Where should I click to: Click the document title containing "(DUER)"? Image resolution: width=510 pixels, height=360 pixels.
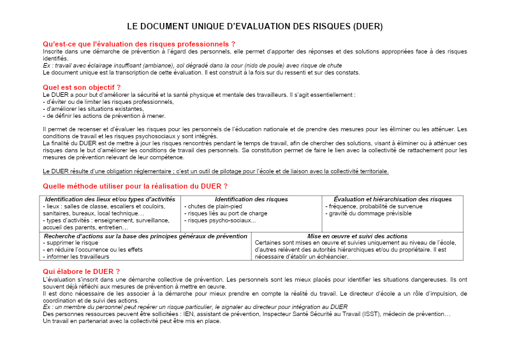[255, 27]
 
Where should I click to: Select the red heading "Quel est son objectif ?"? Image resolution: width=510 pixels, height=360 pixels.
[82, 87]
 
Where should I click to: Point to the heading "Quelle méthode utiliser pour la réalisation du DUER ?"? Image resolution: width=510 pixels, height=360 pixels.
[135, 186]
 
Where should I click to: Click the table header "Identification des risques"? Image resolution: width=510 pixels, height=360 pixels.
[251, 199]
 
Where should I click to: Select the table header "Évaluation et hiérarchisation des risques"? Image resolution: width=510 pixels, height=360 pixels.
[393, 199]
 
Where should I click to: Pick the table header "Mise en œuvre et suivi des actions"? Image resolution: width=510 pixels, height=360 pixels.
[357, 236]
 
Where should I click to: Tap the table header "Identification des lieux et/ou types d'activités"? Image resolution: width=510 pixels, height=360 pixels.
[110, 199]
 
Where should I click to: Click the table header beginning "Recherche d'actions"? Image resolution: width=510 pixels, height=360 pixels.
[145, 236]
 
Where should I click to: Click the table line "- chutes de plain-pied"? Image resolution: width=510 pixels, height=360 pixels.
[213, 206]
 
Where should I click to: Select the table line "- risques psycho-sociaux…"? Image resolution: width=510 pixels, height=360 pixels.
[219, 220]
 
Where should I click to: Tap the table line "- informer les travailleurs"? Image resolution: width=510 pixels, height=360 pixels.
[76, 257]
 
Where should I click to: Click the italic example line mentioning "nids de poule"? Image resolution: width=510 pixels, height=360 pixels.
[193, 65]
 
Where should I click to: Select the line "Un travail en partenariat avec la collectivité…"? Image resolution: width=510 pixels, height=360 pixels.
[132, 320]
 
